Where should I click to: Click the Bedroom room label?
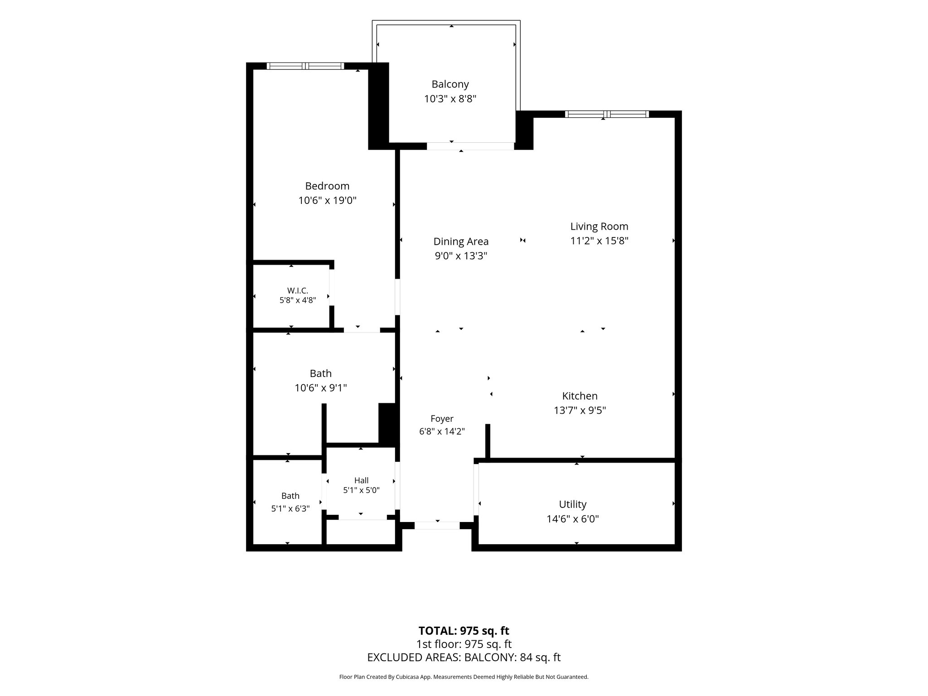point(327,186)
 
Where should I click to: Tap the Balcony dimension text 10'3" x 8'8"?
point(450,99)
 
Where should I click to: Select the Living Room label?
point(599,227)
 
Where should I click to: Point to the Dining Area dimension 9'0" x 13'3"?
point(461,256)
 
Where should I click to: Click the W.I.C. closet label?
point(298,290)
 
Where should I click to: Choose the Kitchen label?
point(580,396)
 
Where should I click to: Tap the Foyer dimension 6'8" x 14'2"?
point(442,431)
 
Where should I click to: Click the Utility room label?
point(573,504)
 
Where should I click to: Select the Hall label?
point(361,480)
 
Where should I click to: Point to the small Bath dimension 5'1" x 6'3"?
point(290,509)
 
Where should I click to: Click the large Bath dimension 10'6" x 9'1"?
point(321,388)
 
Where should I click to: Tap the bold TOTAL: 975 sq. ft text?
point(464,631)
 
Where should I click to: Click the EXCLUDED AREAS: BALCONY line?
point(464,657)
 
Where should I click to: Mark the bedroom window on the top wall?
point(305,66)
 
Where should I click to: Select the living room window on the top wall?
point(607,114)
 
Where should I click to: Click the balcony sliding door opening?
point(470,146)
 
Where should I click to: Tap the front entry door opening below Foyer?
point(437,526)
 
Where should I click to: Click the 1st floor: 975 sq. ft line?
point(464,644)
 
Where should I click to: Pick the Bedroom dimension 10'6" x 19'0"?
point(327,200)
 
